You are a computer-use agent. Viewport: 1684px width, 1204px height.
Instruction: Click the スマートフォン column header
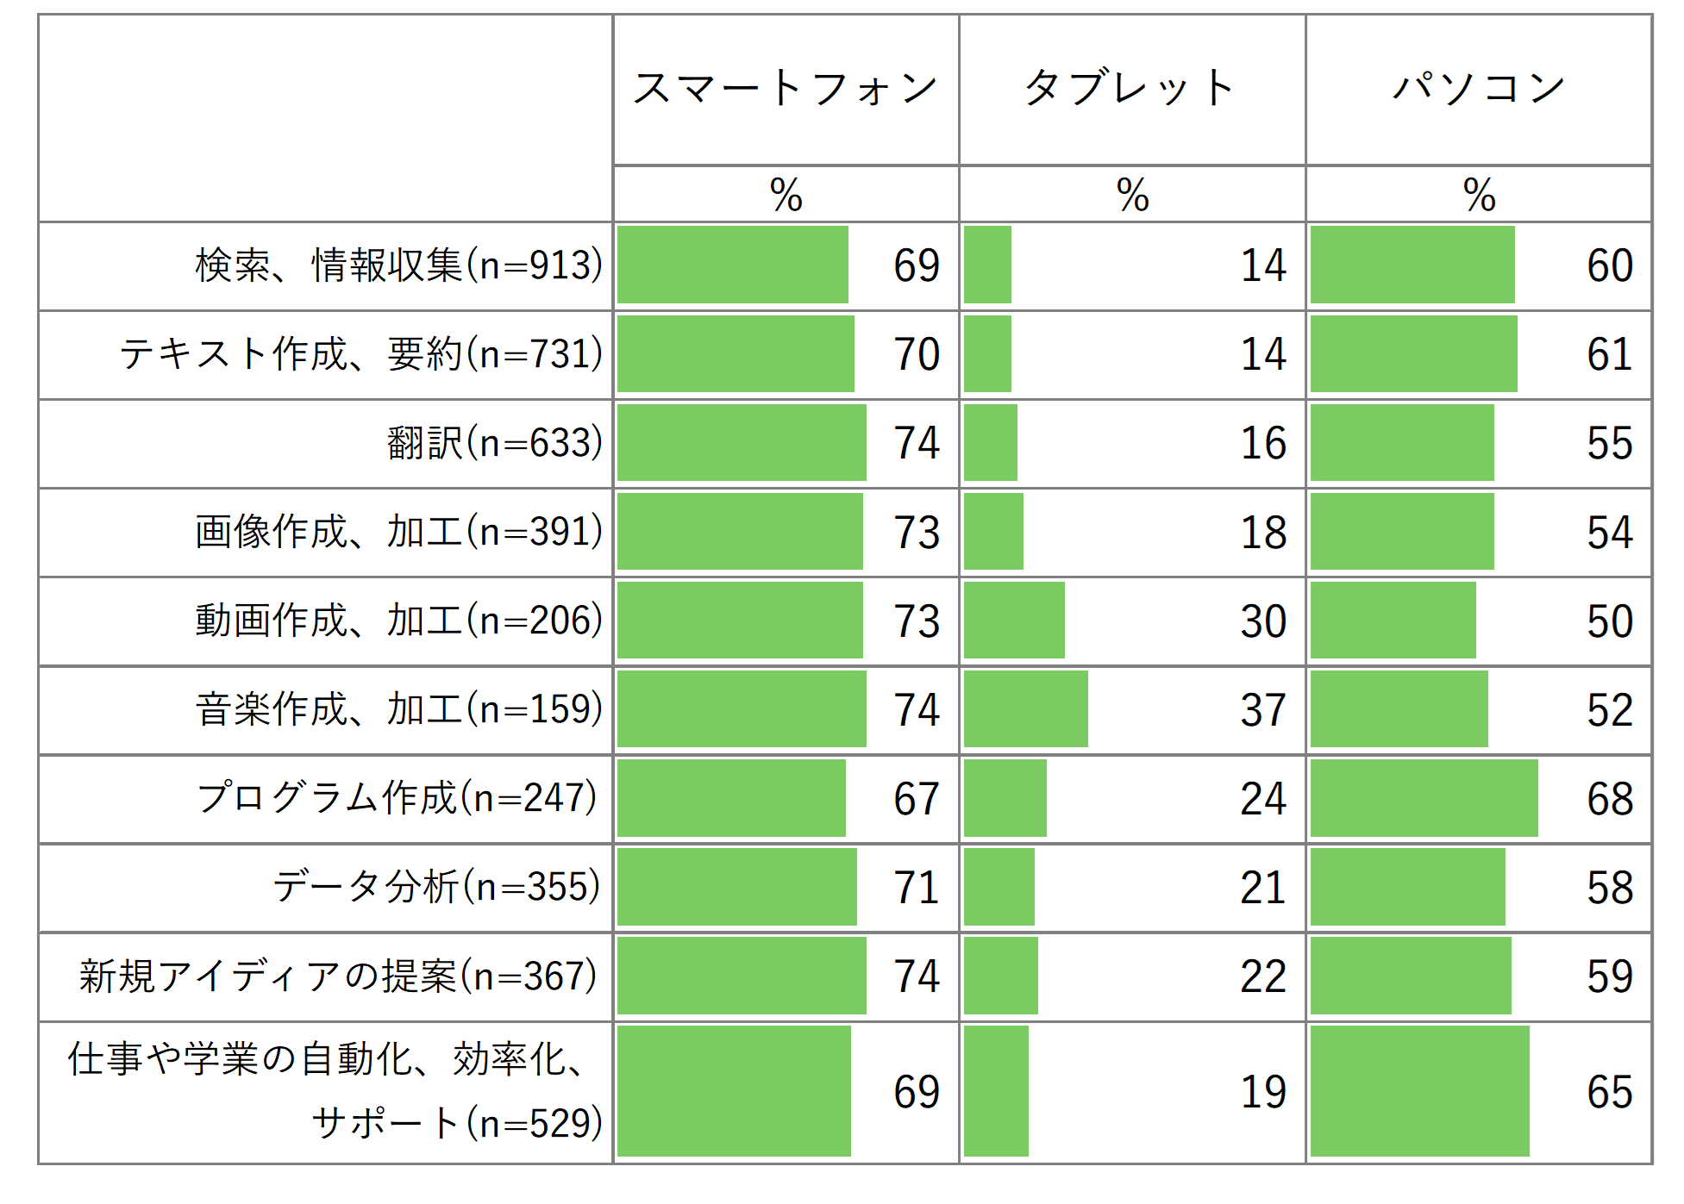785,88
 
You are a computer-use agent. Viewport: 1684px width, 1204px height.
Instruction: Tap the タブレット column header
1130,88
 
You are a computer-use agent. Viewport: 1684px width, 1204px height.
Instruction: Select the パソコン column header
1478,88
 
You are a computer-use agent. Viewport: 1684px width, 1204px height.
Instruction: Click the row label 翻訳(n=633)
494,443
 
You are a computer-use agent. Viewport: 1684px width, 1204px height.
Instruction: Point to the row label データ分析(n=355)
435,887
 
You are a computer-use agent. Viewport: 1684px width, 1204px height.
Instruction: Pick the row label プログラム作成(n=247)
397,798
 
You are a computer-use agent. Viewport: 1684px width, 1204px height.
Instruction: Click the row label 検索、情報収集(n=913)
398,265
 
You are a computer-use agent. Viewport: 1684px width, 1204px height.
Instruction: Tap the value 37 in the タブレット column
1262,710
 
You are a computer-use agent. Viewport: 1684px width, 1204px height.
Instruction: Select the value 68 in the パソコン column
1609,799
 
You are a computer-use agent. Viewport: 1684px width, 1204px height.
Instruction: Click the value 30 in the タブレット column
1262,621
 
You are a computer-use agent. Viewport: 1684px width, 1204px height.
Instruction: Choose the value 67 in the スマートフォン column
916,799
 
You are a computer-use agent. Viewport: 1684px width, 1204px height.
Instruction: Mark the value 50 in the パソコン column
1609,621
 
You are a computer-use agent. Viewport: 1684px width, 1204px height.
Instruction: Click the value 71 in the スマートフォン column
916,888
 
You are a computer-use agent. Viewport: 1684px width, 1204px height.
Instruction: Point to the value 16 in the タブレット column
1262,443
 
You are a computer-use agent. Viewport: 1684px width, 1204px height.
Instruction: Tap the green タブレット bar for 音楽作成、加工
1025,708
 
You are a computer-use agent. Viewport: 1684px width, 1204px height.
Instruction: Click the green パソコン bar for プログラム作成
1424,798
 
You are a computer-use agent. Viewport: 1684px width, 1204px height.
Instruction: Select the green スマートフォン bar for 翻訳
742,442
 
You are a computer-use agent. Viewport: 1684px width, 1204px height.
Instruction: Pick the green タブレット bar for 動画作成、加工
1014,620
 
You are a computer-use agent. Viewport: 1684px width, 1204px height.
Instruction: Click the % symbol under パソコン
1479,195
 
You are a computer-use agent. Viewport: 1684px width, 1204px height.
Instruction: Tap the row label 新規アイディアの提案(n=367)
338,976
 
